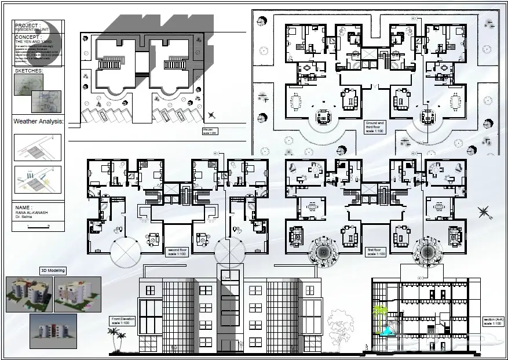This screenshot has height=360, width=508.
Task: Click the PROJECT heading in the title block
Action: pyautogui.click(x=28, y=26)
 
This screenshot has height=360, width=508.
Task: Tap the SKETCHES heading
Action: pyautogui.click(x=29, y=71)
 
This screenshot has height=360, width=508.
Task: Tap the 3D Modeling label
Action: pyautogui.click(x=53, y=271)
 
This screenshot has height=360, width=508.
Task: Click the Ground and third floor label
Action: pyautogui.click(x=375, y=126)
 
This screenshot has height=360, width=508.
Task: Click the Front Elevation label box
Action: pyautogui.click(x=123, y=320)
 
